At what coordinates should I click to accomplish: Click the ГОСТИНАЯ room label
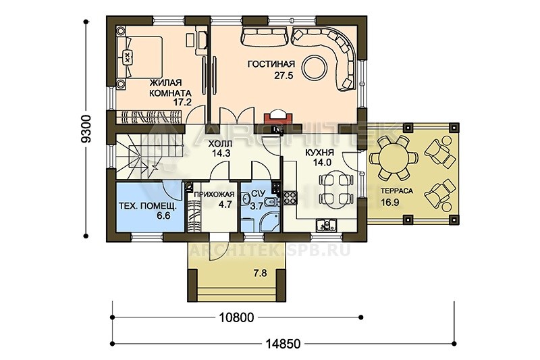(271, 64)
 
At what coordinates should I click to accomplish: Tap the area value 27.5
(283, 76)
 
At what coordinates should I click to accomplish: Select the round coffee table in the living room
(314, 68)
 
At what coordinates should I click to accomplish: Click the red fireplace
(278, 118)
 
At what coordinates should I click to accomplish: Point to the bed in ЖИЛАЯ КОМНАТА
(140, 57)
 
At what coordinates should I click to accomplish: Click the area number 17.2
(182, 102)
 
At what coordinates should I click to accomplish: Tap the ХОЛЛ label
(220, 144)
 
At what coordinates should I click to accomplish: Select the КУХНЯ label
(319, 153)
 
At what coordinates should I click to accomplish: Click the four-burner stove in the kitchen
(290, 199)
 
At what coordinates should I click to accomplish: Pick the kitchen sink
(327, 226)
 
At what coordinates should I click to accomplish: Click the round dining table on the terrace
(394, 158)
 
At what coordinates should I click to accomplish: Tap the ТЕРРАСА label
(397, 191)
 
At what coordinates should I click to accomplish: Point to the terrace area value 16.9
(390, 202)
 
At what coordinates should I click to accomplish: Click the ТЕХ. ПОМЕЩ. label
(147, 206)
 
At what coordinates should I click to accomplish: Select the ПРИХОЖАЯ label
(214, 195)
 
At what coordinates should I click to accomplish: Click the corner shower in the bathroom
(271, 222)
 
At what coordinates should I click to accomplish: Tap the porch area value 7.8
(260, 273)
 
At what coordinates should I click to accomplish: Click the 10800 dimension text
(237, 317)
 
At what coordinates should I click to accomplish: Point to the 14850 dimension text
(283, 344)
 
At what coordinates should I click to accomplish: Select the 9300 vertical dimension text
(86, 128)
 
